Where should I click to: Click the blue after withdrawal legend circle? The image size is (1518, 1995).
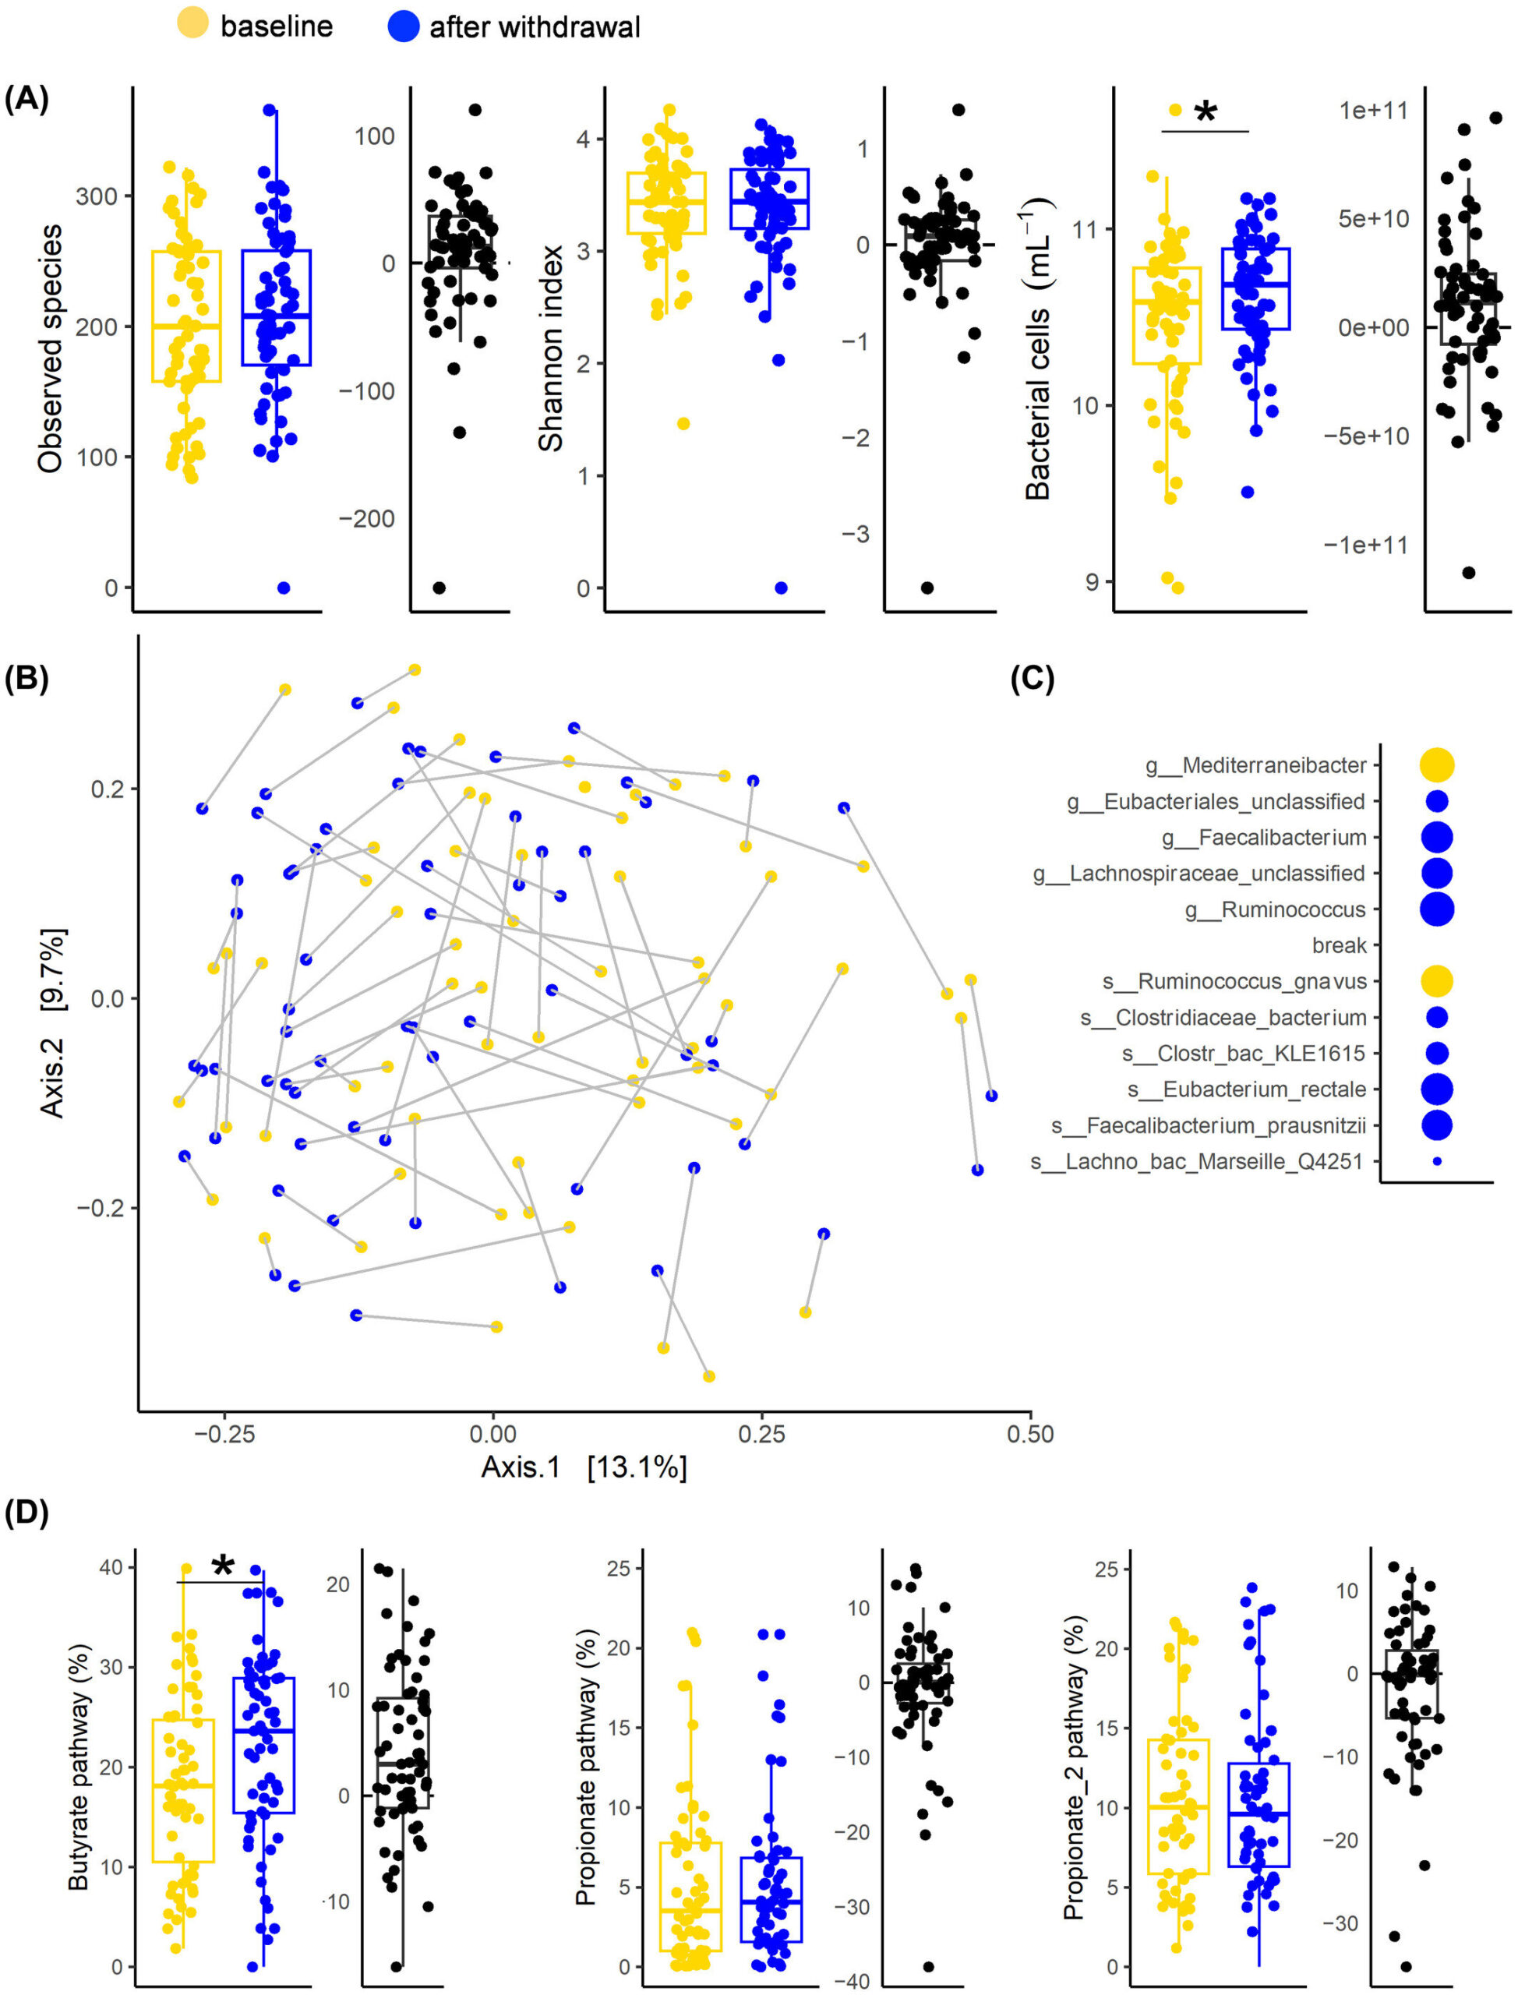coord(403,26)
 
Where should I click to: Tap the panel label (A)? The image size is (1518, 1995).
coord(26,98)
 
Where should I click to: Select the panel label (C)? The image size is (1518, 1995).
coord(1032,679)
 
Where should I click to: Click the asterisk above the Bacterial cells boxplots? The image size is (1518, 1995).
coord(1206,113)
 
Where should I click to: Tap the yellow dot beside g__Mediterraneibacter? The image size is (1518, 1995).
coord(1437,764)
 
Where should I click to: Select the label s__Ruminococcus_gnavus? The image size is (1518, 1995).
coord(1234,981)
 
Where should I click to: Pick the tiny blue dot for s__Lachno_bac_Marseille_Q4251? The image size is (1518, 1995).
coord(1438,1161)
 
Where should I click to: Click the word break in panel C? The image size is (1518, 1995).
coord(1339,945)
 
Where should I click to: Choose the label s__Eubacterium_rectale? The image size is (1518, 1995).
coord(1246,1089)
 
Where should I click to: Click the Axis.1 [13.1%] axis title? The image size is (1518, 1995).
coord(584,1467)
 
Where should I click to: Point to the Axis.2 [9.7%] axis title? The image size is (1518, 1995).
coord(51,1021)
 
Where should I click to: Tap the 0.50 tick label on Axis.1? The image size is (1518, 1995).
coord(1030,1434)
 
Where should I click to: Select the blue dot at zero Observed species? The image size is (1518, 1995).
coord(283,588)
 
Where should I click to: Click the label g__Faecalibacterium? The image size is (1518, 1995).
coord(1264,838)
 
